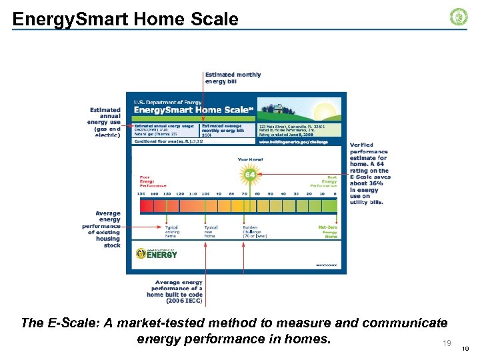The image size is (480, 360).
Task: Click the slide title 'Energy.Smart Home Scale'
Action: [x=125, y=19]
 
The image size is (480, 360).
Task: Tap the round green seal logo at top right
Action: [x=459, y=17]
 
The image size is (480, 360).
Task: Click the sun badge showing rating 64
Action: [x=250, y=175]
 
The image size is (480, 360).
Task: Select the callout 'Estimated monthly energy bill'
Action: [x=233, y=78]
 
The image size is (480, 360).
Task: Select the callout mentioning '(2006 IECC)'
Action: [x=174, y=291]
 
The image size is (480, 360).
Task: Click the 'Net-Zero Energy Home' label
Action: [x=327, y=231]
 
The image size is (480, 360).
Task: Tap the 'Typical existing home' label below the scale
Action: [x=172, y=231]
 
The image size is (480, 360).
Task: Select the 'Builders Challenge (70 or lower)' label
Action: [x=254, y=231]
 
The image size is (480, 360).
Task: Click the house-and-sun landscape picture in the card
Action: [x=299, y=110]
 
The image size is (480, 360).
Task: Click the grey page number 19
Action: [x=447, y=343]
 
